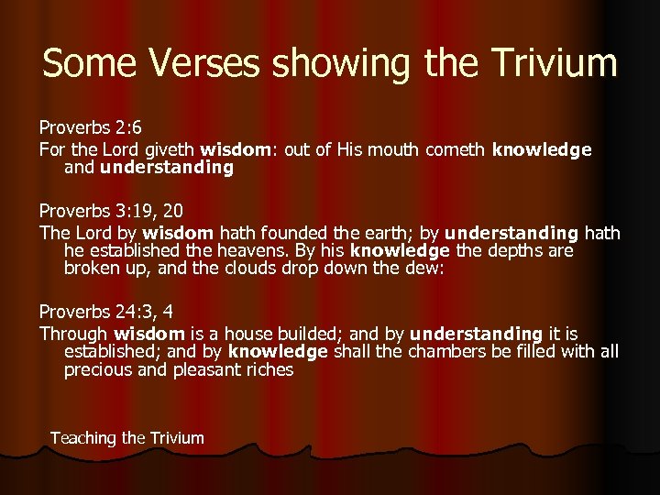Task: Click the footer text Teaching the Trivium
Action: [127, 438]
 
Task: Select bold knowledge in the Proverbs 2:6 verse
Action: [542, 149]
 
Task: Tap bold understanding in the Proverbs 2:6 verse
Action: [167, 168]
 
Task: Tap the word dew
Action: [427, 269]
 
